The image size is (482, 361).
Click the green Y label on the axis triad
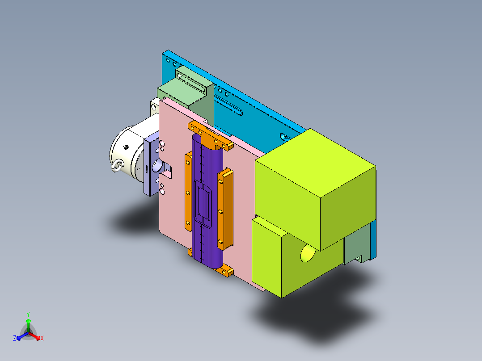(x=28, y=314)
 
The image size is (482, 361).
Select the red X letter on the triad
(x=42, y=338)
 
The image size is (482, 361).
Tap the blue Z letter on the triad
(x=15, y=338)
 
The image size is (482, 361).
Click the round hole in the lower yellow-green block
(x=308, y=253)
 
